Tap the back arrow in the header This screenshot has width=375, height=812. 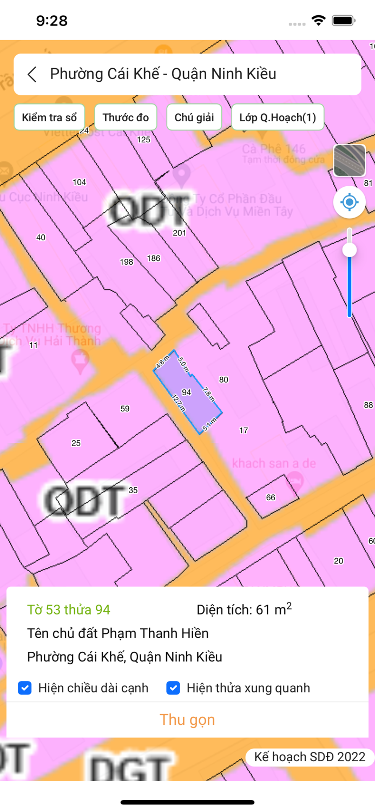(32, 74)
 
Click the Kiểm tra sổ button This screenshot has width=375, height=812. (49, 117)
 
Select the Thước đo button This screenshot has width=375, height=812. (126, 117)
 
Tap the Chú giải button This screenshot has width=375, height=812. (194, 117)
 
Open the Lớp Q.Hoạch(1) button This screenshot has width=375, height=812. (278, 117)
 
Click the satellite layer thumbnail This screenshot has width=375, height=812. (350, 161)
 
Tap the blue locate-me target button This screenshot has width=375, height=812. (350, 202)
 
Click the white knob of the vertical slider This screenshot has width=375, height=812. (350, 250)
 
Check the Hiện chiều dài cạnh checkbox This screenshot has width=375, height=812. (25, 688)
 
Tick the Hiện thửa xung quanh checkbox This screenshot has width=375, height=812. (173, 688)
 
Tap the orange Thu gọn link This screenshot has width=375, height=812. (187, 719)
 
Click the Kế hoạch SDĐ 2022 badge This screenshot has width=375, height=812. (310, 757)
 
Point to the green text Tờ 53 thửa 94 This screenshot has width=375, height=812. (69, 610)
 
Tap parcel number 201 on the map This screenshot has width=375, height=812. (179, 233)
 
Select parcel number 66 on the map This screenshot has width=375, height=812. (271, 497)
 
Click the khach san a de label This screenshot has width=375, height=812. (274, 463)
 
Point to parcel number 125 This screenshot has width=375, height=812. (143, 140)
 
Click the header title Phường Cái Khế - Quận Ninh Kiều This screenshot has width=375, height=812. (163, 74)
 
